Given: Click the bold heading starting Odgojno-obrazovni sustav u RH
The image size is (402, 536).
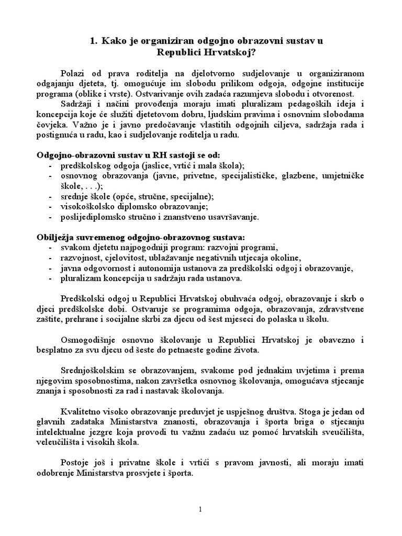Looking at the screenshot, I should [129, 155].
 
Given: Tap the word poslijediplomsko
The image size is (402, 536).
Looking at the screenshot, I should [91, 216].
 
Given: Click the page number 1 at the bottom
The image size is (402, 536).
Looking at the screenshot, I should [201, 509].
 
